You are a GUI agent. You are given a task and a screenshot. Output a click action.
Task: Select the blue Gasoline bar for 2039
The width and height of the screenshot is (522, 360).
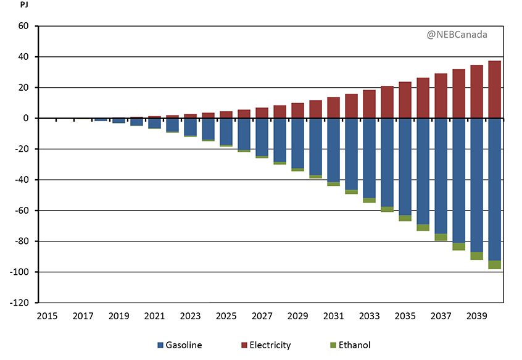[476, 185]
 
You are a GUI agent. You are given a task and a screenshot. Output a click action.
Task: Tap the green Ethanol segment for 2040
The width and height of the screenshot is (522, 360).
[494, 264]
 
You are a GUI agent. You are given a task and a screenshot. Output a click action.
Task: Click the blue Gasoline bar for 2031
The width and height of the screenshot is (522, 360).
[333, 150]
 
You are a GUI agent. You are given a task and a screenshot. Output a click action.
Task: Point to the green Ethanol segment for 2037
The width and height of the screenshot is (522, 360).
[441, 237]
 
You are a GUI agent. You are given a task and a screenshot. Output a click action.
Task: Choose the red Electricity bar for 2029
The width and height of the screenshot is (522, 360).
[297, 111]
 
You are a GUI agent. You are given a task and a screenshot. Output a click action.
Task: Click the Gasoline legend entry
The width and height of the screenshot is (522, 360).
[179, 345]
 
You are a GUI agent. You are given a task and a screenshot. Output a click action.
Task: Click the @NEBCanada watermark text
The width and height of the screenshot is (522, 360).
[457, 35]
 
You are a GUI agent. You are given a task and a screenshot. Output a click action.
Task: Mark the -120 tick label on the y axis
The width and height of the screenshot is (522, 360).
[21, 303]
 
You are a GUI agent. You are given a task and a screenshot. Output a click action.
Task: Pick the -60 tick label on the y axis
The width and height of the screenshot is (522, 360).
[23, 211]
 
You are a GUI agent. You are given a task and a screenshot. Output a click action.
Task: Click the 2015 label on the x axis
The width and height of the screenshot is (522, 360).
[47, 316]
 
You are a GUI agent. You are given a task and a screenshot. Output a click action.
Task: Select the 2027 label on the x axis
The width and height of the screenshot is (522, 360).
[262, 316]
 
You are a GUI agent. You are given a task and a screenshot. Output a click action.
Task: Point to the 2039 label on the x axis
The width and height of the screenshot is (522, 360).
[476, 316]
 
